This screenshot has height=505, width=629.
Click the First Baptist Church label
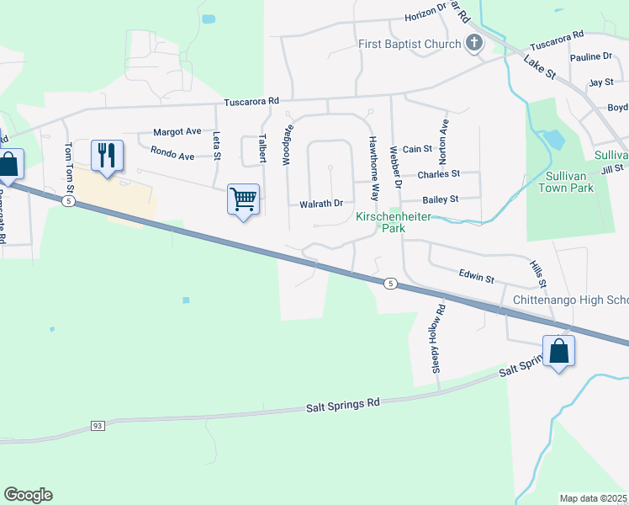410,44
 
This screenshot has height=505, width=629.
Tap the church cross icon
473,43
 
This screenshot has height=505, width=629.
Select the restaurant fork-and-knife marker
107,156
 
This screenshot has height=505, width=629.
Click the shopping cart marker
243,200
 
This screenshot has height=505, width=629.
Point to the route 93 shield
98,427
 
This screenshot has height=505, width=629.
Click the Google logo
28,495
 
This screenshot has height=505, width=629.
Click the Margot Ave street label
177,132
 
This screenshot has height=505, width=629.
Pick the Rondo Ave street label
172,155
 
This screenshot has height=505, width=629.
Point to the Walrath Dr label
321,204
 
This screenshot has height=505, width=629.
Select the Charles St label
439,174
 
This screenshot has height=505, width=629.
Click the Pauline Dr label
590,56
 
